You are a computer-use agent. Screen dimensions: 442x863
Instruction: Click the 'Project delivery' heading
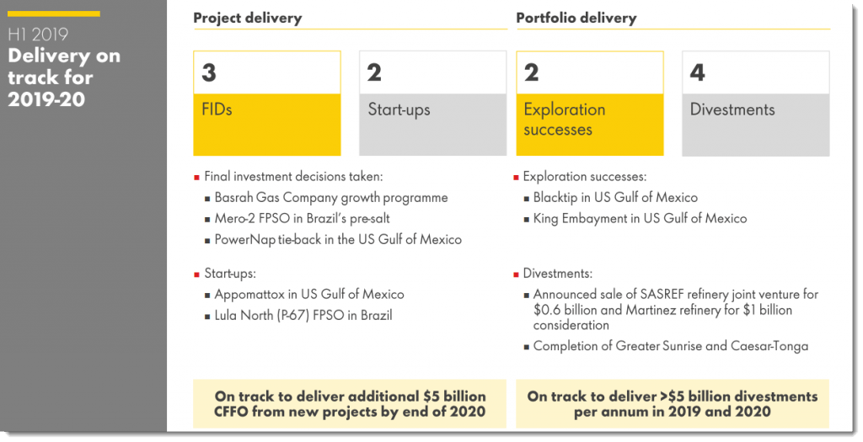[x=247, y=18]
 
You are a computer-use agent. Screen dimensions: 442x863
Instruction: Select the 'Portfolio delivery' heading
[x=576, y=18]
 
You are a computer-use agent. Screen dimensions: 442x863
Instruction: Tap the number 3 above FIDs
[x=209, y=73]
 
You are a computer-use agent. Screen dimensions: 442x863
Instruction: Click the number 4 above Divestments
[x=697, y=73]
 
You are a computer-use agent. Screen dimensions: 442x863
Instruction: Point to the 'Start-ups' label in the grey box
[x=399, y=110]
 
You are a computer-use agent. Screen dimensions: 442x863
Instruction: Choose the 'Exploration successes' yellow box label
[x=564, y=120]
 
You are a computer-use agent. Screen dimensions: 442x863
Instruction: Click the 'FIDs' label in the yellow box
[x=217, y=110]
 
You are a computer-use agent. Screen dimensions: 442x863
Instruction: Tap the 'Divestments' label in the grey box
[x=732, y=110]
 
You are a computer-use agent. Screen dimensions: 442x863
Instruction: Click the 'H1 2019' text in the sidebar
[x=38, y=35]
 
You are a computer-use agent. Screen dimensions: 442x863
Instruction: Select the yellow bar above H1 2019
[x=54, y=13]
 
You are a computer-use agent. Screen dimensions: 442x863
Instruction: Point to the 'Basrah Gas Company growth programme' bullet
[x=330, y=198]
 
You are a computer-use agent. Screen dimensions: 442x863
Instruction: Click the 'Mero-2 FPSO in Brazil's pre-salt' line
[x=301, y=219]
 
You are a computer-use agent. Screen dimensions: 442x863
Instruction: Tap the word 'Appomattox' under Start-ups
[x=250, y=295]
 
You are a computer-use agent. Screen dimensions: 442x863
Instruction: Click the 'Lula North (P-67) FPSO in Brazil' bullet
[x=303, y=316]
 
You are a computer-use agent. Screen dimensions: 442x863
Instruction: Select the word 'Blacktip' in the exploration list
[x=557, y=198]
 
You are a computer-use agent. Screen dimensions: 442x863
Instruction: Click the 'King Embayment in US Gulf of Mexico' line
[x=640, y=219]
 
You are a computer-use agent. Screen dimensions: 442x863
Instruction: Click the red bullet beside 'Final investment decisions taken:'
[x=196, y=178]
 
